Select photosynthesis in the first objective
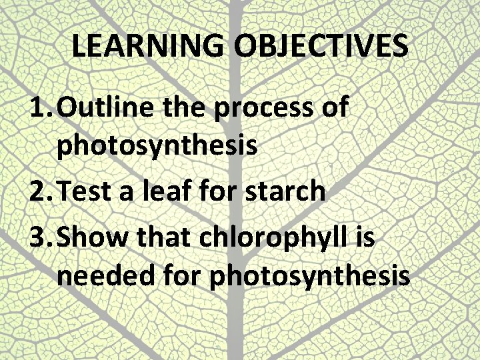point(157,146)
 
